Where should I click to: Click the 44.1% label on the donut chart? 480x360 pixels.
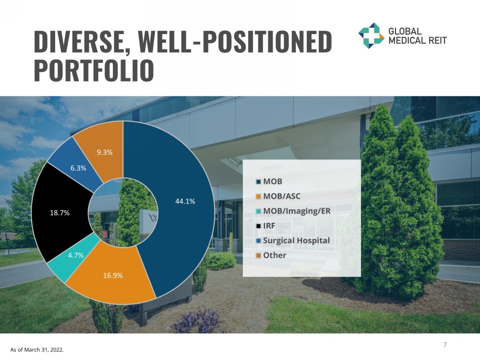[185, 201]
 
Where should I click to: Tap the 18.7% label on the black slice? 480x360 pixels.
[60, 213]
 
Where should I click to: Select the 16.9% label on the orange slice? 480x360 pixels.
[113, 276]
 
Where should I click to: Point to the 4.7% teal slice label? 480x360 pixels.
[76, 255]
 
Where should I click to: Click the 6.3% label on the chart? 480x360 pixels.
[78, 168]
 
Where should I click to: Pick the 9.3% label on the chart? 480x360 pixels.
[105, 152]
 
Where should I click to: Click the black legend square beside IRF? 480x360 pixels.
[258, 226]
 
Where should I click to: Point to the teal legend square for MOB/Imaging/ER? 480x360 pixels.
[258, 211]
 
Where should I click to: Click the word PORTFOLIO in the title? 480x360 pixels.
[94, 71]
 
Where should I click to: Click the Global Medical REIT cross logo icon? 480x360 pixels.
[371, 36]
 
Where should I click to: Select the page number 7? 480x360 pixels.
[445, 345]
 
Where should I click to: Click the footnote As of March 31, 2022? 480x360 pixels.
[37, 349]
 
